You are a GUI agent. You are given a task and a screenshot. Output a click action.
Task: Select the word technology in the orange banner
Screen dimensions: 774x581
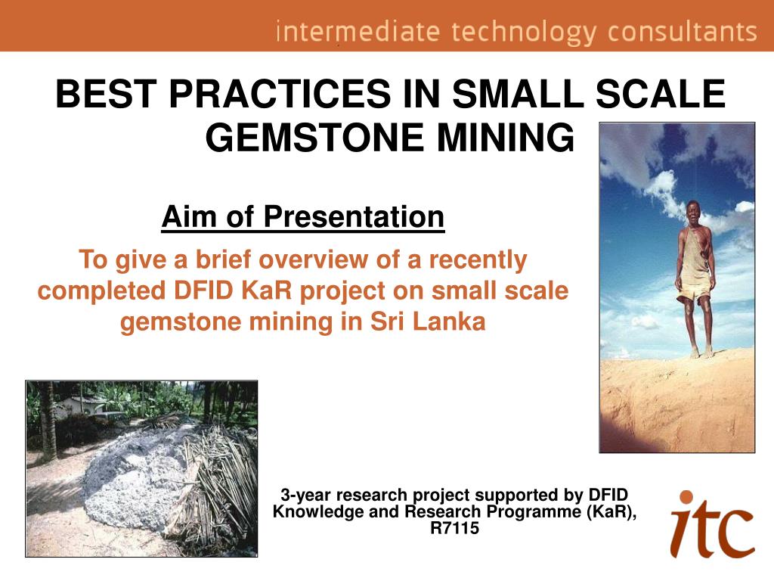pos(524,32)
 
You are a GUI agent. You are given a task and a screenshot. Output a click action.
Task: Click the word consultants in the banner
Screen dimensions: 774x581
pos(683,31)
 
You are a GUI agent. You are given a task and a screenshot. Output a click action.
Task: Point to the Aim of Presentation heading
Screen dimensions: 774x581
pos(303,216)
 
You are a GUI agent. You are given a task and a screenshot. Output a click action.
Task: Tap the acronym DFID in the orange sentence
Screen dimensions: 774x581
pos(203,290)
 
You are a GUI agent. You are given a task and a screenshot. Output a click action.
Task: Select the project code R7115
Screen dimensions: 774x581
pos(454,527)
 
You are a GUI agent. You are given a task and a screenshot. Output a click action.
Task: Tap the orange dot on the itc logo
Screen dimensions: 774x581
pos(686,496)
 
